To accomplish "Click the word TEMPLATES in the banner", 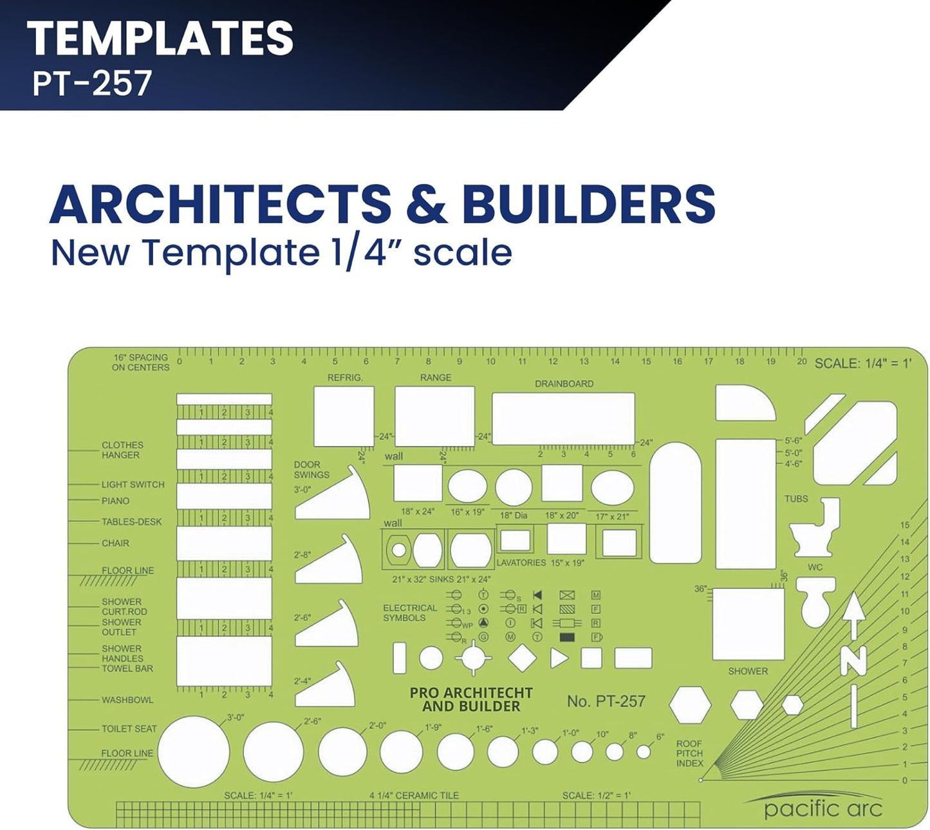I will click(x=160, y=38).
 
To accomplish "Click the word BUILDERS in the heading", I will click(x=588, y=204).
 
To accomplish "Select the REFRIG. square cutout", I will click(x=344, y=416).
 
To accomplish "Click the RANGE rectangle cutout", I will click(x=434, y=416).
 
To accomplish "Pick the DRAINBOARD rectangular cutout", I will click(x=563, y=418).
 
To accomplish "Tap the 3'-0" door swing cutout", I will click(x=335, y=498).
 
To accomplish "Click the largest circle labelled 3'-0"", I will click(x=193, y=752).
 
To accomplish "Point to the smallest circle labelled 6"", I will click(x=644, y=751).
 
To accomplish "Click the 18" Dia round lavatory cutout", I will click(x=514, y=486).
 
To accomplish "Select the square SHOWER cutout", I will click(x=748, y=623).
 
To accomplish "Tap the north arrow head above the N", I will click(x=854, y=607).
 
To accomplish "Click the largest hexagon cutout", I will click(x=690, y=705).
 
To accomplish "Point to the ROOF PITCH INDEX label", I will click(x=689, y=753).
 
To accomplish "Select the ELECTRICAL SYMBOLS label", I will click(x=410, y=613).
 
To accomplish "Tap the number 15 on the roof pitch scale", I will click(x=905, y=526).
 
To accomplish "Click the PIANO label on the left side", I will click(x=115, y=501).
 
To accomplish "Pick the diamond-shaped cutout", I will click(x=522, y=658).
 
